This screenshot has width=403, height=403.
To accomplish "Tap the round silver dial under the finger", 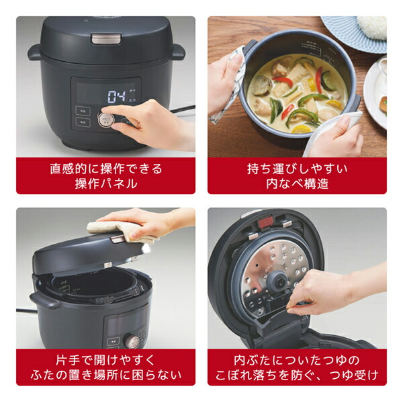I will (105, 120).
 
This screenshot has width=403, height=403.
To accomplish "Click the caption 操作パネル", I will (105, 183).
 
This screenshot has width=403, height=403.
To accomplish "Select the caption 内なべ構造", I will (296, 183).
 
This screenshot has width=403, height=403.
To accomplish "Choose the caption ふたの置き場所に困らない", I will (105, 375).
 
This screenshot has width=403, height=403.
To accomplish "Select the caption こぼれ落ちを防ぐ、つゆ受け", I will (296, 375).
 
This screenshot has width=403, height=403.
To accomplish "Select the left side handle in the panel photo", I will (35, 52).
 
